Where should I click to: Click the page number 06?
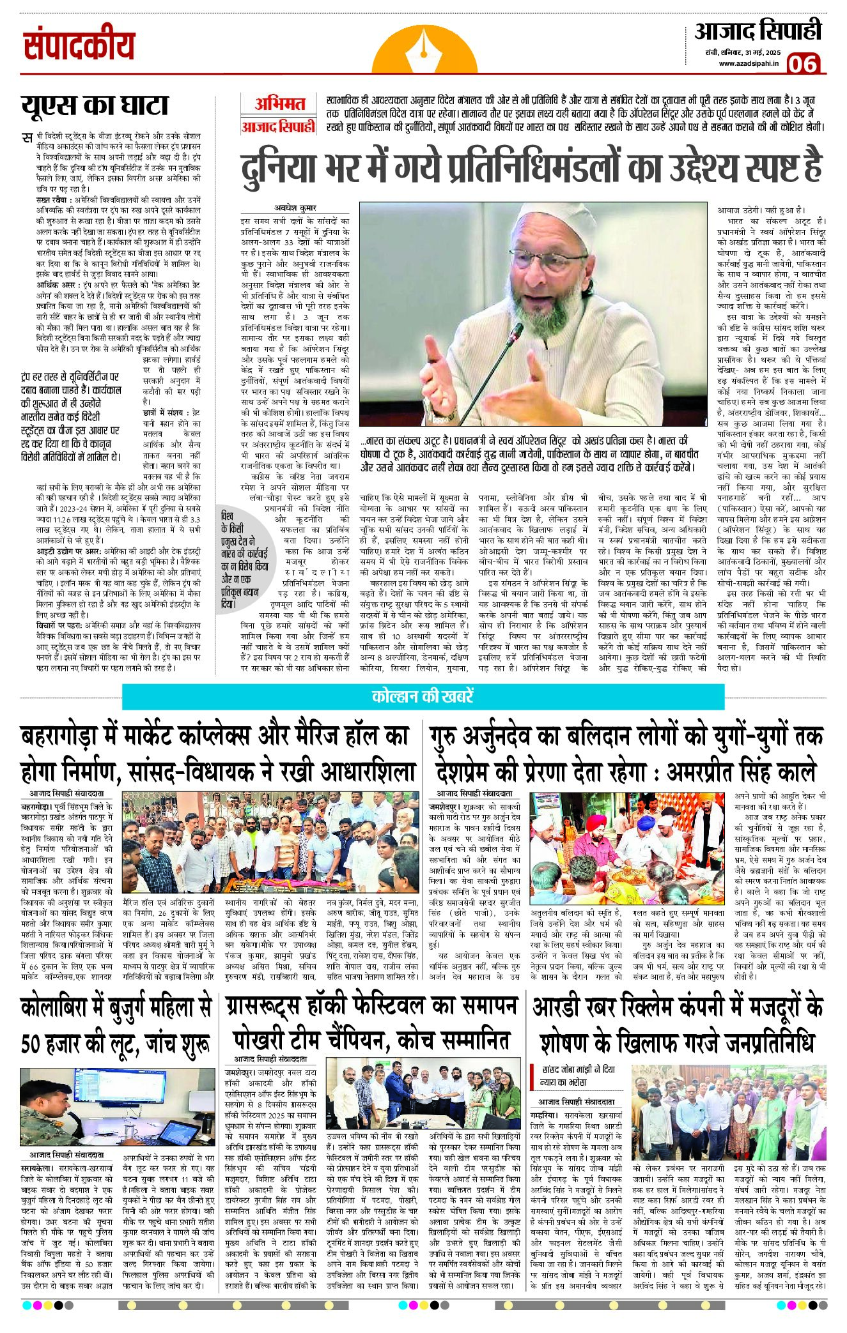click(803, 64)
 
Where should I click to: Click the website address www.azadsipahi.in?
click(749, 63)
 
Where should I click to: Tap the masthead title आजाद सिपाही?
click(758, 32)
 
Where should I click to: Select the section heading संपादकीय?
click(79, 46)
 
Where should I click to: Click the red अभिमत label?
click(279, 103)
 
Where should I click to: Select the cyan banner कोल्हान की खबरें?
click(423, 696)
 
